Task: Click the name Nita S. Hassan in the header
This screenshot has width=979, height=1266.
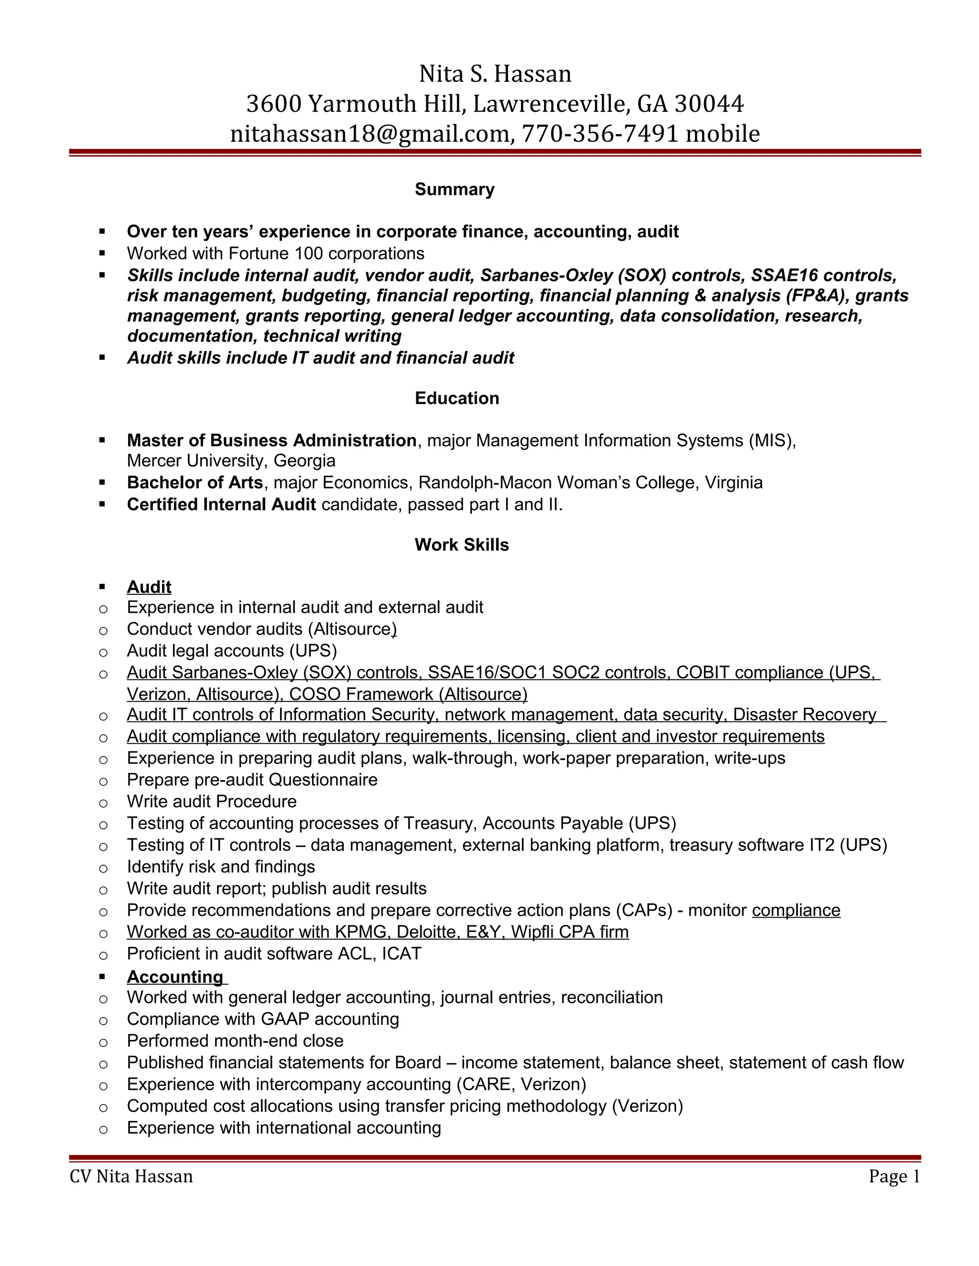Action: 495,74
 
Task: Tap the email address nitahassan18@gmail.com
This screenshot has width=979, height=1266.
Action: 370,134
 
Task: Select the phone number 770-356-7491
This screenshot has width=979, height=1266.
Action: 600,134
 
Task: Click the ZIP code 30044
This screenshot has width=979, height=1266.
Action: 709,104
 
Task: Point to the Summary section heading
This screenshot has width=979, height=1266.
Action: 454,190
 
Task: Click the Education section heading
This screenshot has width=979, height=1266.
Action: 457,398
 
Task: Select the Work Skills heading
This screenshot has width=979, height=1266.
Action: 462,545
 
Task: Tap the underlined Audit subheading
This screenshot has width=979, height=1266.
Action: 149,587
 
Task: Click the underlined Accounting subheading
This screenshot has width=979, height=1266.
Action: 175,977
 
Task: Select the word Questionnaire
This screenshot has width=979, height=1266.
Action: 323,780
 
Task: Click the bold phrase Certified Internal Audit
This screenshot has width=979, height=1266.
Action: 221,505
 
